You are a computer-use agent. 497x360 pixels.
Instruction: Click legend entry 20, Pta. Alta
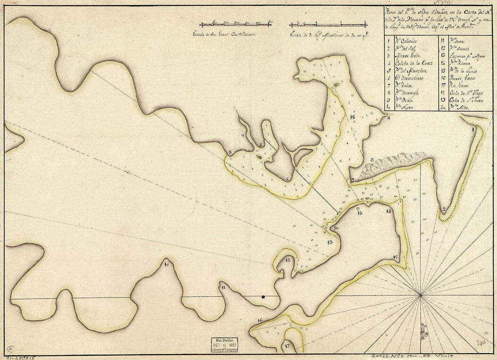(457, 108)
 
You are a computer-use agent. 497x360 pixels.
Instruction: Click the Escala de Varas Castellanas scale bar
(235, 24)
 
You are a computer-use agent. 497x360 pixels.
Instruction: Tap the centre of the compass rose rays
(421, 295)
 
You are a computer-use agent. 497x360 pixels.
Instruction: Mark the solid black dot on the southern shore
(263, 297)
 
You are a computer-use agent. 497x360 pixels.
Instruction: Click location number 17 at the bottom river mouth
(287, 347)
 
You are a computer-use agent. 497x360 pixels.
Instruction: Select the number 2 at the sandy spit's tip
(445, 209)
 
